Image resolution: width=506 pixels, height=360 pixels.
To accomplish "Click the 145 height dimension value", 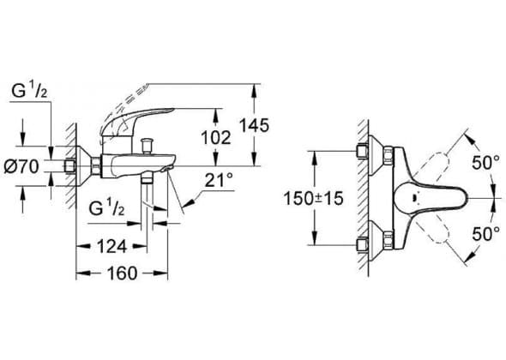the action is (254, 125).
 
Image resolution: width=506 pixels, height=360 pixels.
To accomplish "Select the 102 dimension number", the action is (216, 138).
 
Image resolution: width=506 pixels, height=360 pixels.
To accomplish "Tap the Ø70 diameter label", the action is (21, 167).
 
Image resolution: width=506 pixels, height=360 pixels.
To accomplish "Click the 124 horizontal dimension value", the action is (112, 247).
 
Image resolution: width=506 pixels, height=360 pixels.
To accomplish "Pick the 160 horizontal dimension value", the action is (123, 273).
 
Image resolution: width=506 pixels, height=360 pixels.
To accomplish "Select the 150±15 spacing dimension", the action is (313, 198).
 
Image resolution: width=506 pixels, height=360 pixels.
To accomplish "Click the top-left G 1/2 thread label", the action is (29, 91).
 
